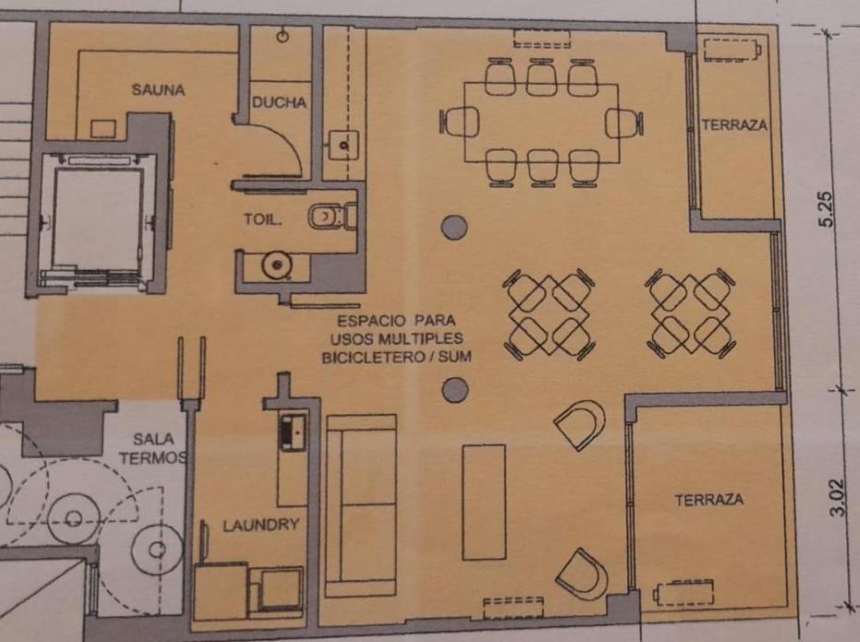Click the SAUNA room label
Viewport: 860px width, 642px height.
tap(158, 89)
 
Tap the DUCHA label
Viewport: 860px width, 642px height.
tap(280, 102)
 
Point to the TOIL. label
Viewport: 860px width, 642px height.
tap(263, 220)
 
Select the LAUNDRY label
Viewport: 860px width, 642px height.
tap(261, 525)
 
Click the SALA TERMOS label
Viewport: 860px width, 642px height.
tap(153, 448)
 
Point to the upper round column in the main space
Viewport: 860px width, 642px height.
tap(455, 227)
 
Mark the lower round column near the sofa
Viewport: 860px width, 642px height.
tap(455, 390)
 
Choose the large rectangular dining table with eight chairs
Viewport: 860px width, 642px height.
tap(542, 123)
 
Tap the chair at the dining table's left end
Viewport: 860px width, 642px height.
tap(460, 121)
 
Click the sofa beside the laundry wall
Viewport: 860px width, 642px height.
tap(361, 505)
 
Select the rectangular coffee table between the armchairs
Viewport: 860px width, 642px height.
tap(484, 502)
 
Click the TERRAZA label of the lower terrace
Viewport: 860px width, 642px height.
tap(710, 500)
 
